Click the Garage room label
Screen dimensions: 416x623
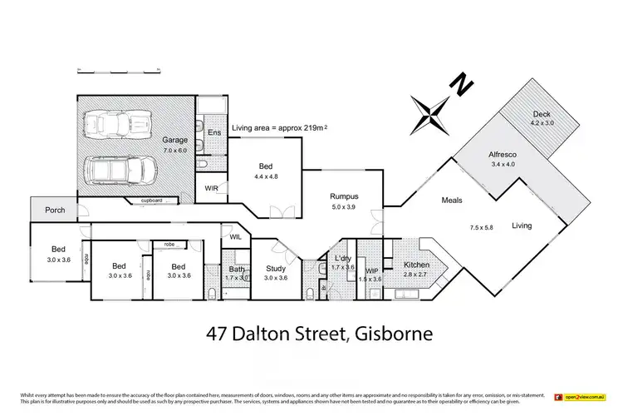(x=174, y=141)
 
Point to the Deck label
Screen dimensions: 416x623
(x=542, y=114)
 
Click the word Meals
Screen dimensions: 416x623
(x=451, y=201)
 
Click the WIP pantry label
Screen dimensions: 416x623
(x=371, y=271)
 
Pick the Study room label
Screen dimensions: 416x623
(x=276, y=269)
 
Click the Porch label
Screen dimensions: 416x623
(x=56, y=210)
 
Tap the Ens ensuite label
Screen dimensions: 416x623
(x=213, y=131)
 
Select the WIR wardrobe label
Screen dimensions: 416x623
(x=211, y=188)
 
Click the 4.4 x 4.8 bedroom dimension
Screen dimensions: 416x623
(x=266, y=176)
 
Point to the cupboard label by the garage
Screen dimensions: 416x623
(x=151, y=201)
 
